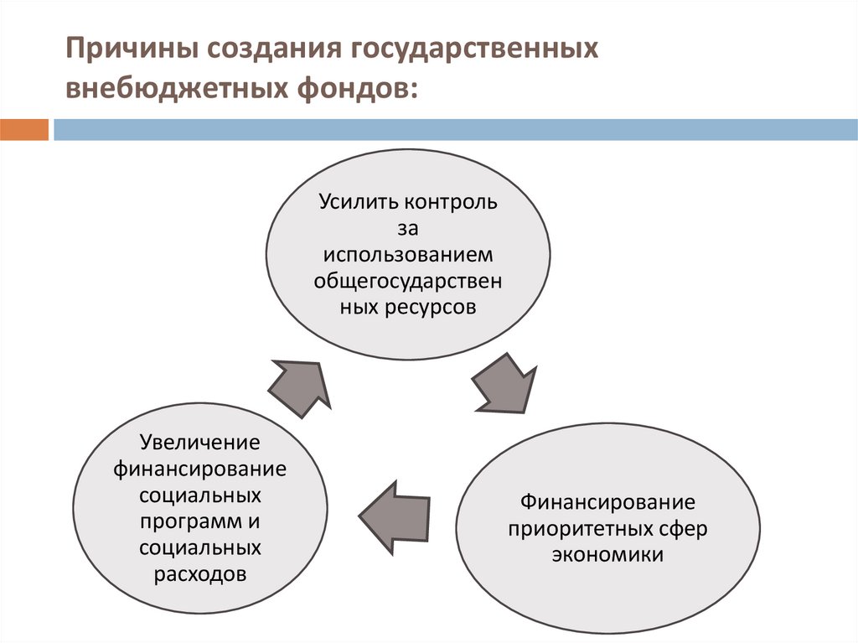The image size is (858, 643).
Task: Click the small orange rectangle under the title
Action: [24, 130]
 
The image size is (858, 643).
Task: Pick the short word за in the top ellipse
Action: [408, 228]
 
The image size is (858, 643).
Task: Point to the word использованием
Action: [408, 254]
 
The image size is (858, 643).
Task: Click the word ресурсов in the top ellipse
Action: [430, 307]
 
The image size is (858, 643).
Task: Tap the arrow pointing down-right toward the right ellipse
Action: [504, 383]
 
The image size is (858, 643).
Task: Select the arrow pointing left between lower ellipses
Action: [395, 516]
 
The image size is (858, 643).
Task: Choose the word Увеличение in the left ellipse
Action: [200, 441]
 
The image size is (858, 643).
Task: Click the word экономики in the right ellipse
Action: [607, 555]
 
